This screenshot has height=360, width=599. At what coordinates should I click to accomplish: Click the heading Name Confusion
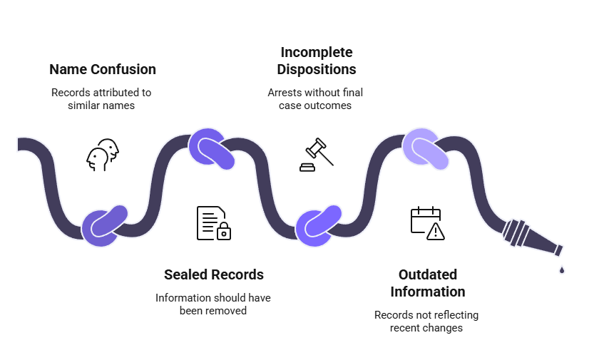point(103,69)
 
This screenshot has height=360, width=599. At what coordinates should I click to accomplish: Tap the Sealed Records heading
point(214,274)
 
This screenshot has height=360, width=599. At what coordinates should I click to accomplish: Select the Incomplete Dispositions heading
point(317,61)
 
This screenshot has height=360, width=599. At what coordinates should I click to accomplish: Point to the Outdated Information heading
point(427,283)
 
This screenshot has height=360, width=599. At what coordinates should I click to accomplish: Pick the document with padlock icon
point(213,222)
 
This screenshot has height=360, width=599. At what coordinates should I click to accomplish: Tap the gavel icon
point(316,155)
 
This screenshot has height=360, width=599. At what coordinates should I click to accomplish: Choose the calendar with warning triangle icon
point(427,222)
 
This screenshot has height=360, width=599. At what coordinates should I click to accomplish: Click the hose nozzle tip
point(557,250)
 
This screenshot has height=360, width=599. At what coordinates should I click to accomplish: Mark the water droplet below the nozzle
point(562,269)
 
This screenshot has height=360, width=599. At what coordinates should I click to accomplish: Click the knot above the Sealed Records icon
point(212,148)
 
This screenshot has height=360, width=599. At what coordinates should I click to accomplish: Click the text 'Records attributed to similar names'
point(101,99)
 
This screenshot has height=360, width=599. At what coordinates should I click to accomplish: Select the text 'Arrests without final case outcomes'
point(315,99)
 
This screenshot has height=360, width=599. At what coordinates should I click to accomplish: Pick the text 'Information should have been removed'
point(213,304)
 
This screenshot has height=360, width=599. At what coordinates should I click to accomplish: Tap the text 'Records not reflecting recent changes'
point(426,322)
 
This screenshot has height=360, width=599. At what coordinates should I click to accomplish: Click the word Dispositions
point(317,70)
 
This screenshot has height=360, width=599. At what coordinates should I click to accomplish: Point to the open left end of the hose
point(21,145)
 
